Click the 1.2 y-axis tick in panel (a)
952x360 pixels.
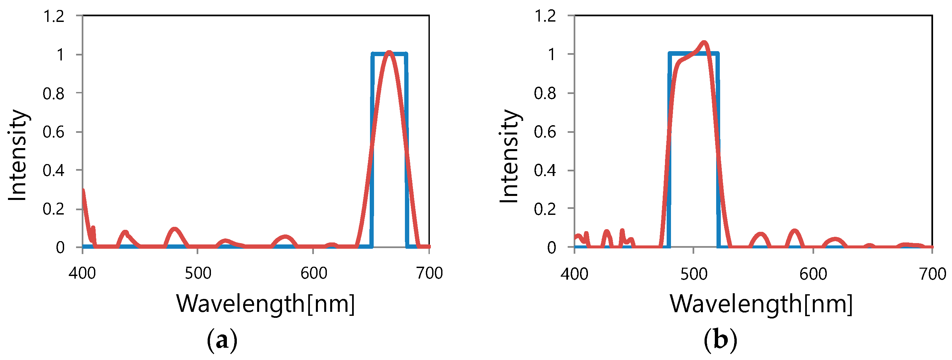(x=79, y=16)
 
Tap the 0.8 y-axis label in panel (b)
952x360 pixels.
(x=544, y=94)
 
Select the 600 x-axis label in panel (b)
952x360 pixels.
(x=813, y=274)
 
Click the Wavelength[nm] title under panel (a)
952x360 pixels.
(x=265, y=304)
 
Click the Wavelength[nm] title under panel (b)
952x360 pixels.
(x=761, y=304)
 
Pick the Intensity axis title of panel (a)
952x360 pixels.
(x=18, y=155)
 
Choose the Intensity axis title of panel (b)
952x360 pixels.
(x=509, y=156)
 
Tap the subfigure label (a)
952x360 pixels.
(x=222, y=340)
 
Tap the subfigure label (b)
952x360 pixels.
(x=720, y=340)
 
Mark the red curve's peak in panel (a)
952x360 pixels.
(x=389, y=52)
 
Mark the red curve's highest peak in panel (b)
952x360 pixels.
(x=704, y=43)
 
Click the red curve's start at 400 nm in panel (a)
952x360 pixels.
(x=83, y=191)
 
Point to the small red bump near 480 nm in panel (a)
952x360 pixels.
(x=175, y=229)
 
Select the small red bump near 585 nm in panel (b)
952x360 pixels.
(x=795, y=231)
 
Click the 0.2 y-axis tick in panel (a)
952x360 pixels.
(x=79, y=209)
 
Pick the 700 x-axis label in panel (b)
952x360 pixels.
(x=932, y=274)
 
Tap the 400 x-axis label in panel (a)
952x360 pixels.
(x=82, y=273)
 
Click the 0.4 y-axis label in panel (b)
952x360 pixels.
(x=544, y=170)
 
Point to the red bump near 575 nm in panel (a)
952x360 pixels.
(x=285, y=236)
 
